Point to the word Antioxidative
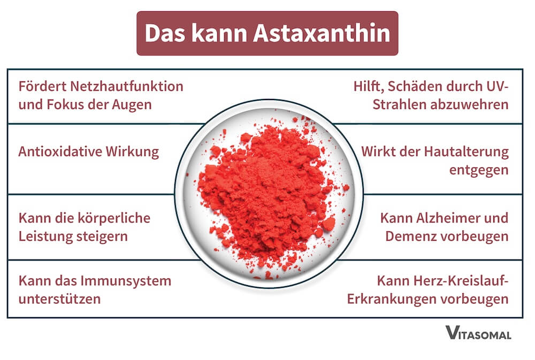59,151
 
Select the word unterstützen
59,298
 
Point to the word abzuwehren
470,104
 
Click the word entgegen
477,170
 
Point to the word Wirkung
134,151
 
